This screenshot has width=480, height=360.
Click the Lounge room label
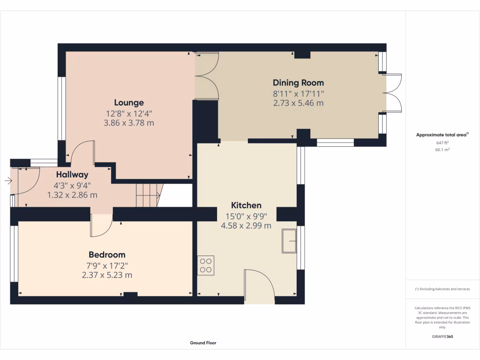click(x=129, y=103)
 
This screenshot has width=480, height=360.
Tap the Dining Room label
click(x=298, y=83)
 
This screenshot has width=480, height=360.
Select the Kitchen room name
click(x=246, y=205)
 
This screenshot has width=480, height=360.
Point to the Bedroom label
click(x=107, y=255)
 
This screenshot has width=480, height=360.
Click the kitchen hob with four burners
click(x=206, y=265)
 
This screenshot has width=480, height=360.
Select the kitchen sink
click(x=289, y=241)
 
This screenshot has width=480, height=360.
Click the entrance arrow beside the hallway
click(x=8, y=181)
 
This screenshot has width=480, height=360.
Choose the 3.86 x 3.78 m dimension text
click(x=129, y=123)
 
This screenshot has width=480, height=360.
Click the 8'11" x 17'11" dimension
click(x=298, y=94)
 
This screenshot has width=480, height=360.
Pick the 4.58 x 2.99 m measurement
click(x=246, y=225)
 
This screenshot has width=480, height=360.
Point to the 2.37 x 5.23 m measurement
click(x=107, y=275)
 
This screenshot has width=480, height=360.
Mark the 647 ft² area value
click(x=442, y=142)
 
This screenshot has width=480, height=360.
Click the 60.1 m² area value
click(x=442, y=150)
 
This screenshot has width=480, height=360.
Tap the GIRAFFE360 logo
click(x=442, y=337)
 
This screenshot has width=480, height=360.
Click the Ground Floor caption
click(x=203, y=343)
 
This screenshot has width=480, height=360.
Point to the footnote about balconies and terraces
click(x=442, y=289)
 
